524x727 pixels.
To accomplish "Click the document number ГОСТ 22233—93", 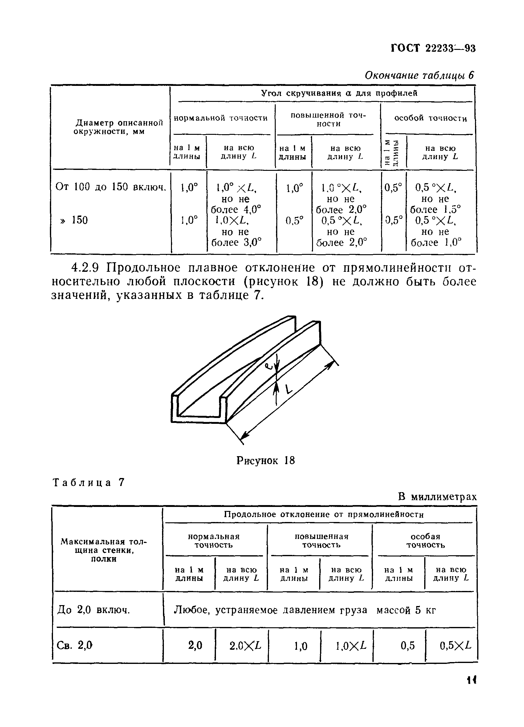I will (433, 48).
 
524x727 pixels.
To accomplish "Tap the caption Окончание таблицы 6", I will (419, 75).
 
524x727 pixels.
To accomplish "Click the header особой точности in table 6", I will (430, 118).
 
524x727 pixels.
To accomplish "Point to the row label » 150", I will (74, 220).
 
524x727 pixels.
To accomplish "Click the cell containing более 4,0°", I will (236, 210).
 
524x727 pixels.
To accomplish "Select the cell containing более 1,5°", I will (436, 210).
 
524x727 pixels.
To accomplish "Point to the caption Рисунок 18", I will (265, 461).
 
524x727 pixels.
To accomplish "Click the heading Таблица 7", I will (88, 483).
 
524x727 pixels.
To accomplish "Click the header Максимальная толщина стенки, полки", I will (104, 550).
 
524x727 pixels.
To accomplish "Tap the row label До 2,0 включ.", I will (93, 610).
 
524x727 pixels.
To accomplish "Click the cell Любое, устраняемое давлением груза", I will (270, 610).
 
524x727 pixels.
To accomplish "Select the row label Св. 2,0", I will (75, 645).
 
